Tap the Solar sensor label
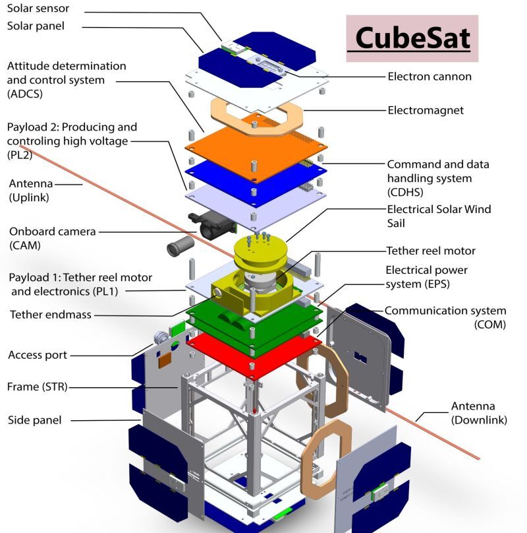38,9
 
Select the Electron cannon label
430,77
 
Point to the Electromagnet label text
425,111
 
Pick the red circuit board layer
254,353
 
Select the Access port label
38,355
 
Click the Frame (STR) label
37,386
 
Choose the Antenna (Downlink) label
472,412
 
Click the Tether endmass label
49,315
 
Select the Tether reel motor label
430,251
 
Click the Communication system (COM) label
445,317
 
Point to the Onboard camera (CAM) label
52,238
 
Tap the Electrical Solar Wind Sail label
439,216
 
